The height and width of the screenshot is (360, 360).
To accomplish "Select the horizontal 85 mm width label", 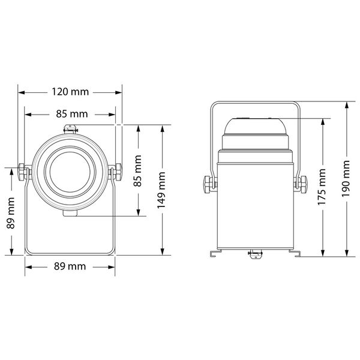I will (x=70, y=114).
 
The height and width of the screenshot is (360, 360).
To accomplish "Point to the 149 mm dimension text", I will (x=161, y=189).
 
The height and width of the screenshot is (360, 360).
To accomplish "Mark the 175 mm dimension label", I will (x=323, y=187).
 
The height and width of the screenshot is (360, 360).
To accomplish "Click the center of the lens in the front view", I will (x=70, y=172).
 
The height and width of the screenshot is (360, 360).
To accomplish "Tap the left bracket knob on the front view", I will (x=23, y=172).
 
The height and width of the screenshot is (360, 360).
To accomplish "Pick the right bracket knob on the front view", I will (x=116, y=172).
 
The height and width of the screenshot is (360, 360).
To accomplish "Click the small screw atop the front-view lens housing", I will (x=70, y=128).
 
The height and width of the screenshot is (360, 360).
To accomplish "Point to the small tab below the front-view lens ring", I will (x=70, y=213).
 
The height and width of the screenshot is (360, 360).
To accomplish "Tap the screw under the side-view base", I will (x=254, y=255).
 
